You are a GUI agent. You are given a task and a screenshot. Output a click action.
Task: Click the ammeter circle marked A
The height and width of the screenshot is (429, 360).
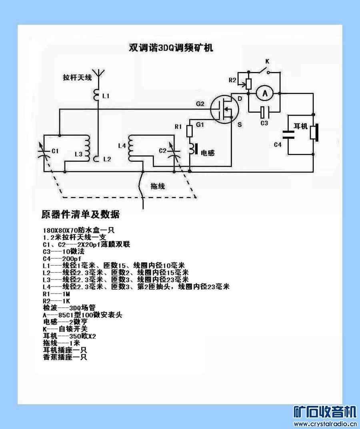(x=264, y=94)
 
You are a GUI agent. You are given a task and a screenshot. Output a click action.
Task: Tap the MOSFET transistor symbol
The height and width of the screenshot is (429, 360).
(x=224, y=109)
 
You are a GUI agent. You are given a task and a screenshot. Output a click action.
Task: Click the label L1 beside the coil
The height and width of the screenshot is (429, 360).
(x=106, y=96)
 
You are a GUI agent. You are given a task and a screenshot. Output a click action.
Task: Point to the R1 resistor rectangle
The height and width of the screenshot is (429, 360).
(x=190, y=131)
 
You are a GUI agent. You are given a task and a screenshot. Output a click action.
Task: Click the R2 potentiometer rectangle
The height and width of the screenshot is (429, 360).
(x=248, y=84)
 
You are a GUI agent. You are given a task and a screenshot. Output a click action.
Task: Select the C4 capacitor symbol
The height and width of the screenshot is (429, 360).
(x=288, y=134)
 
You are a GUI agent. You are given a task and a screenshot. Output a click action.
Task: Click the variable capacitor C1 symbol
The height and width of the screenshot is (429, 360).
(x=44, y=151)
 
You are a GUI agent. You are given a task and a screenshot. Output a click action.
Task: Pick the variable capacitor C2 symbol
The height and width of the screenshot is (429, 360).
(x=174, y=152)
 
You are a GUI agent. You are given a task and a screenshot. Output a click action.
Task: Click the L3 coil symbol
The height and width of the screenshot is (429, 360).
(x=87, y=148)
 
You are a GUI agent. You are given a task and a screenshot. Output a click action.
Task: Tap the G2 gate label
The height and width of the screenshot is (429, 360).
(x=200, y=104)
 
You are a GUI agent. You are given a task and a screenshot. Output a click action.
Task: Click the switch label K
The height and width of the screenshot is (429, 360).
(x=267, y=61)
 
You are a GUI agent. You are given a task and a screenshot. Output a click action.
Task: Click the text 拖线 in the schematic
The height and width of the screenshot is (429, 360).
(x=158, y=186)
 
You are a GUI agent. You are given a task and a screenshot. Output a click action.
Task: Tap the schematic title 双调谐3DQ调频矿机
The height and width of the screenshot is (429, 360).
(x=171, y=48)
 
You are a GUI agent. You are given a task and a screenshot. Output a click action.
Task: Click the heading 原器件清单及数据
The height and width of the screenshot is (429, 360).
(x=80, y=214)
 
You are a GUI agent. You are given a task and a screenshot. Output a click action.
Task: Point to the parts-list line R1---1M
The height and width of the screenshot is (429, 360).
(x=56, y=294)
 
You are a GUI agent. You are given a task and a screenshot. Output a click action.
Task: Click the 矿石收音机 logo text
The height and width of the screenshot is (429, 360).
(x=325, y=412)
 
